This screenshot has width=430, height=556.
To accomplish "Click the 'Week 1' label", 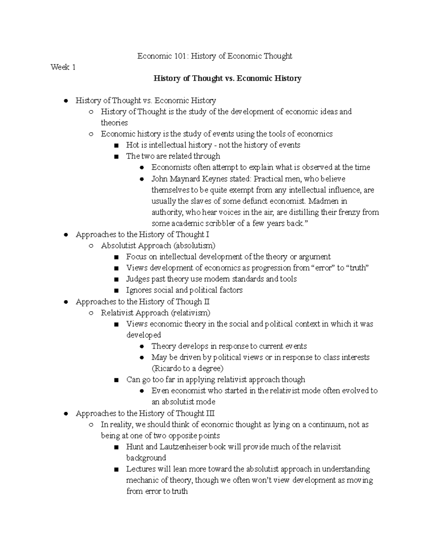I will [63, 67].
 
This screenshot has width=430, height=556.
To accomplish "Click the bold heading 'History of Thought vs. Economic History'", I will [227, 78].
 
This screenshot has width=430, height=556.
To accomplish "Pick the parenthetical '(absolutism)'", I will [195, 246].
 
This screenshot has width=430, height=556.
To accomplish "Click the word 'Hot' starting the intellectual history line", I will [132, 145].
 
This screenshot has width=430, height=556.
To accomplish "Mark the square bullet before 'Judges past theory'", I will [116, 279].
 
